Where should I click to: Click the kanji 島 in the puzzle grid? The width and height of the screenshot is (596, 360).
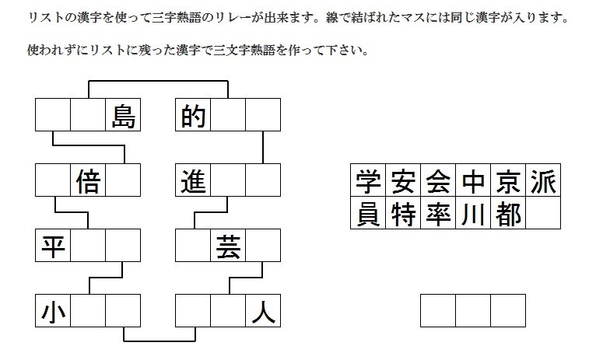123,116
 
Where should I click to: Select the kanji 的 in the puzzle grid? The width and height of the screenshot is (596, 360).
193,116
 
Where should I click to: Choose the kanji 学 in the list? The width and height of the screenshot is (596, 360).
367,181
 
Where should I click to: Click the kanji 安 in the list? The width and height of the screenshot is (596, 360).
402,181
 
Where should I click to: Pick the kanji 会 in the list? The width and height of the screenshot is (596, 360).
437,181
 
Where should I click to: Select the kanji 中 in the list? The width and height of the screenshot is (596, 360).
472,181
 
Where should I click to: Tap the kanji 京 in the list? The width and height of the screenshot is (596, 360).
507,181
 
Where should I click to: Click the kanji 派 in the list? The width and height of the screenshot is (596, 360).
542,181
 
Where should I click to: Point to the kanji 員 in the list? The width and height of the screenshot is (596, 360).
367,213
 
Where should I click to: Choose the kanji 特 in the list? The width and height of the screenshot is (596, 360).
402,213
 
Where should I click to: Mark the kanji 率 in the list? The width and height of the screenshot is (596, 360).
437,213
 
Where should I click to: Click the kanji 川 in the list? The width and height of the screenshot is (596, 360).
472,213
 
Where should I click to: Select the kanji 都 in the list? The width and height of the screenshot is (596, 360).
507,213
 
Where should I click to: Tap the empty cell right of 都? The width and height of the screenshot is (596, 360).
542,213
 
